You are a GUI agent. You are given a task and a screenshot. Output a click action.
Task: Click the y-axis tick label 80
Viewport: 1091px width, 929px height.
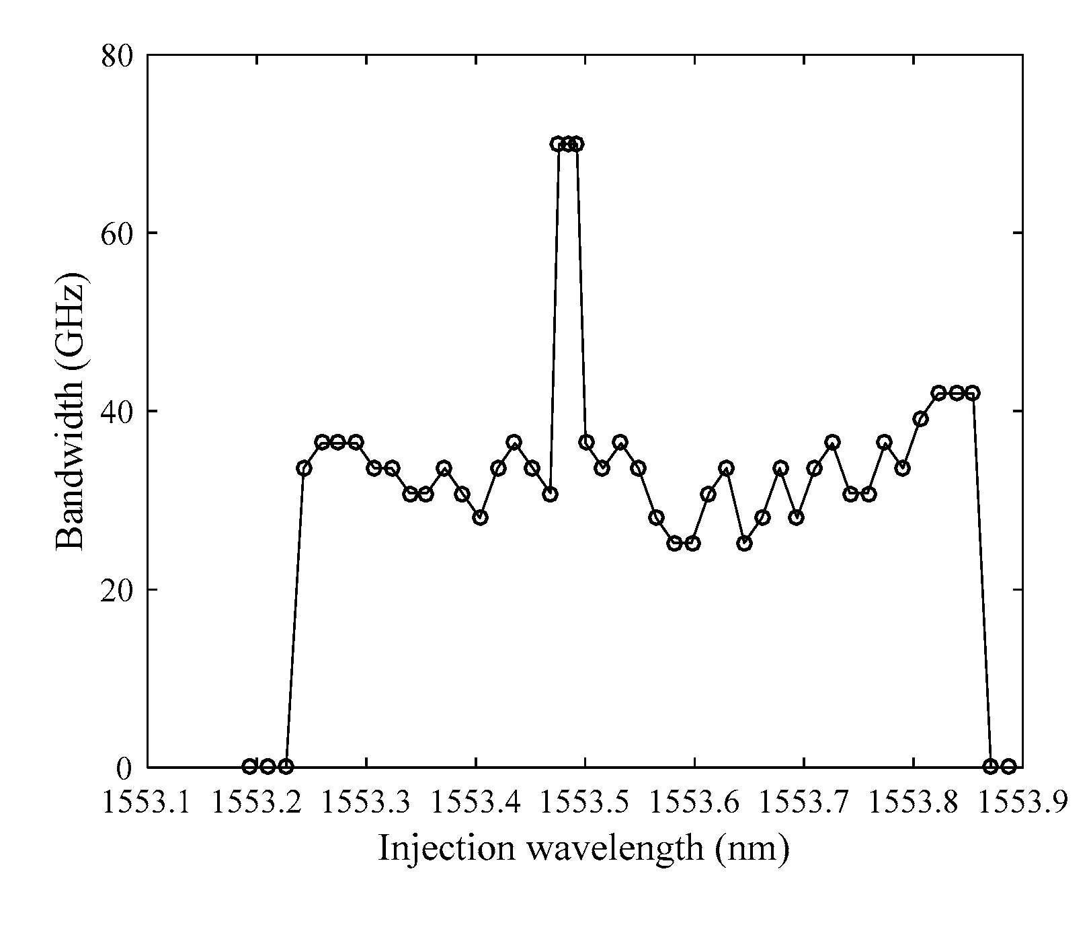(120, 56)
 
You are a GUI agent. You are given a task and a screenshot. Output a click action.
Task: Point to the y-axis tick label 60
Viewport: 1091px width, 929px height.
(120, 233)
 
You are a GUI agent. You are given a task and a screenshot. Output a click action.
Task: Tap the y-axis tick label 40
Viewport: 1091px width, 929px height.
(120, 412)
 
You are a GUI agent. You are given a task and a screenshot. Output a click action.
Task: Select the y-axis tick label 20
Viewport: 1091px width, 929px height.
(120, 590)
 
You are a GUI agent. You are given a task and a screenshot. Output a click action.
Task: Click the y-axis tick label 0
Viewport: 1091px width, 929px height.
(128, 768)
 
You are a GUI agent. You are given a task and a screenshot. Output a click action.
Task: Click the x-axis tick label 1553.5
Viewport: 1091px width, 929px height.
(585, 803)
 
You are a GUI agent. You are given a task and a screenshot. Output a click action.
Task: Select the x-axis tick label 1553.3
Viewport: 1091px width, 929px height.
(367, 803)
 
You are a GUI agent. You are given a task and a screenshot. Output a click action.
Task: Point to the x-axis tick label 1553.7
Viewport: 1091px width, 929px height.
(804, 803)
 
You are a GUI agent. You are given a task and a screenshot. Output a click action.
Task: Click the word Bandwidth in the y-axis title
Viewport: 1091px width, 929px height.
(70, 479)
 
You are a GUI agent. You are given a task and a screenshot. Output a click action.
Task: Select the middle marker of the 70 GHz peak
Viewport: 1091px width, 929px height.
(568, 144)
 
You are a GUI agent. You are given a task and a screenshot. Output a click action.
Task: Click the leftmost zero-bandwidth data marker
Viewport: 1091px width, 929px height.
(249, 766)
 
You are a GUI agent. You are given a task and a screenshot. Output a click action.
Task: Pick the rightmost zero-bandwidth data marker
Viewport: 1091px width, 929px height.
(1008, 766)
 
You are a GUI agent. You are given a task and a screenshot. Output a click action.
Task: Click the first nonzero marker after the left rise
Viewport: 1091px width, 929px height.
(304, 468)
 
